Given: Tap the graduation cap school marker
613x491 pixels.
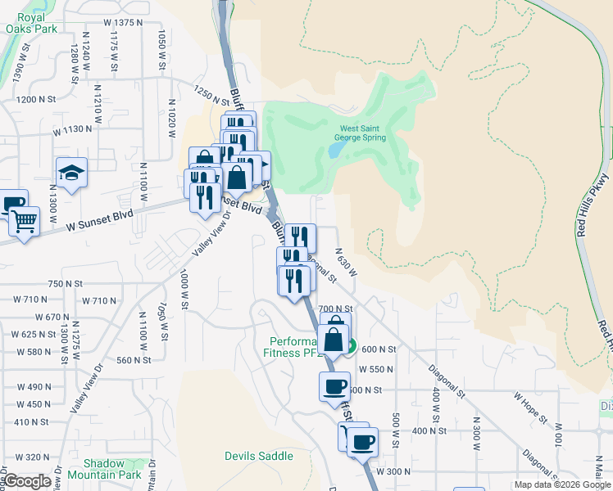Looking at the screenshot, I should coord(71,173).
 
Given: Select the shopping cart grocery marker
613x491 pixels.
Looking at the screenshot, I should coord(24,220).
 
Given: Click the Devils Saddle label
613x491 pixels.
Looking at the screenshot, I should coord(259,456).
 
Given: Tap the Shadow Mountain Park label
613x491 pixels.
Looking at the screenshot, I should coord(105,469).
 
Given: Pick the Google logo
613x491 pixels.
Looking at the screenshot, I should coord(27,481).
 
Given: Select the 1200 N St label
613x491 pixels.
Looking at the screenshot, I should coord(38,99).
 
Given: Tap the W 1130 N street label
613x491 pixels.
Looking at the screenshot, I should coord(73,130).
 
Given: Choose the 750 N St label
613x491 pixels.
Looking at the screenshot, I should coord(66,284).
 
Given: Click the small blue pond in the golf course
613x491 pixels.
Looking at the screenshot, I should coord(336,151).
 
